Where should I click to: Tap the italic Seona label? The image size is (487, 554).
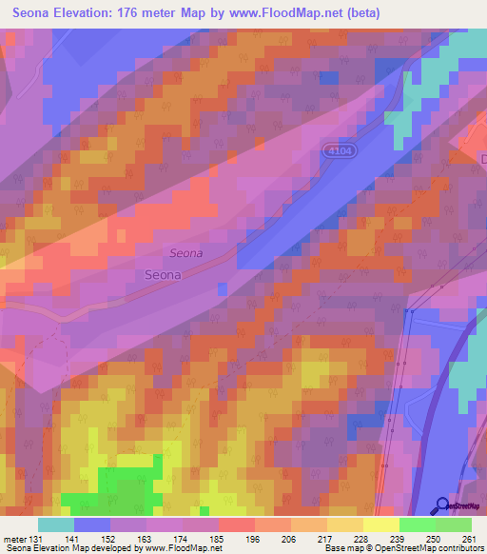186,253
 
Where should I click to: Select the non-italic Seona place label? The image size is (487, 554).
164,274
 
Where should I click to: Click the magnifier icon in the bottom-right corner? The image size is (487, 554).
443,505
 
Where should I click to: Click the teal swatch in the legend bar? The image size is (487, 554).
56,524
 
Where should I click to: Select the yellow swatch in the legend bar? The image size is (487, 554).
380,524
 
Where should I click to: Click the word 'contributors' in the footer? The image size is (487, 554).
464,549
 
